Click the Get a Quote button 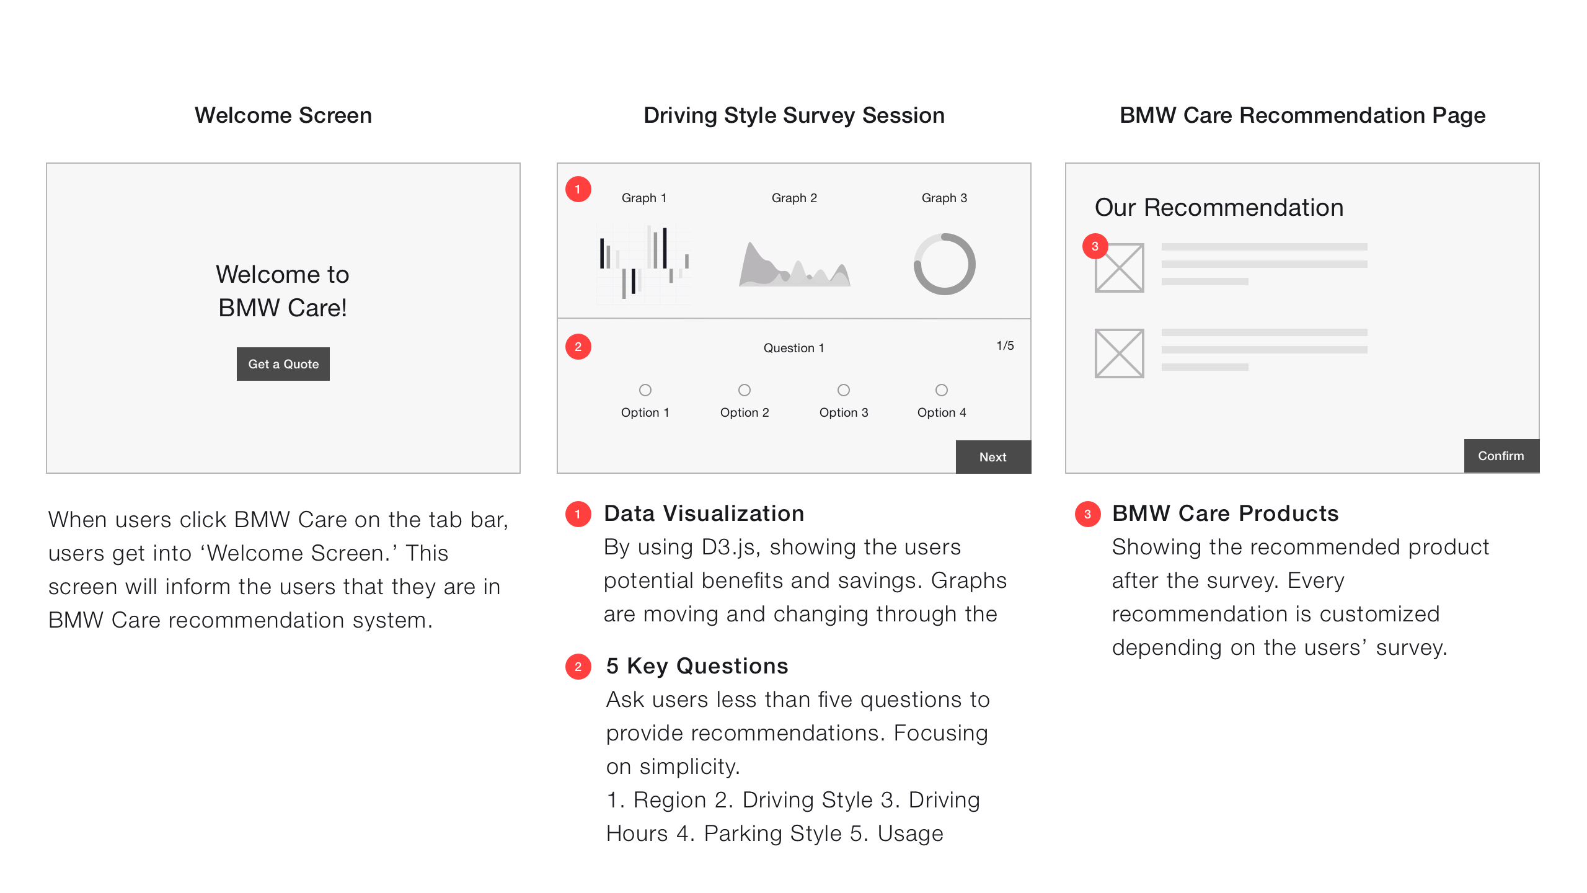coord(283,364)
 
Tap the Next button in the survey coord(993,457)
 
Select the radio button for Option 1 coord(645,390)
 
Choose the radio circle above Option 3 coord(844,390)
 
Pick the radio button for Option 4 coord(942,390)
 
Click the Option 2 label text coord(745,412)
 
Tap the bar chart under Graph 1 coord(643,264)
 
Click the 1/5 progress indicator coord(1005,345)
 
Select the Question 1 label coord(794,348)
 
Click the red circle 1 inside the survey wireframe coord(578,189)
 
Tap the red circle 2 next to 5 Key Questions coord(578,667)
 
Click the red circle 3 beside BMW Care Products coord(1087,514)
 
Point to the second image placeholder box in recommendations coord(1120,353)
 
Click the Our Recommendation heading coord(1219,207)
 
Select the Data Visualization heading coord(704,513)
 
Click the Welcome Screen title coord(283,115)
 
